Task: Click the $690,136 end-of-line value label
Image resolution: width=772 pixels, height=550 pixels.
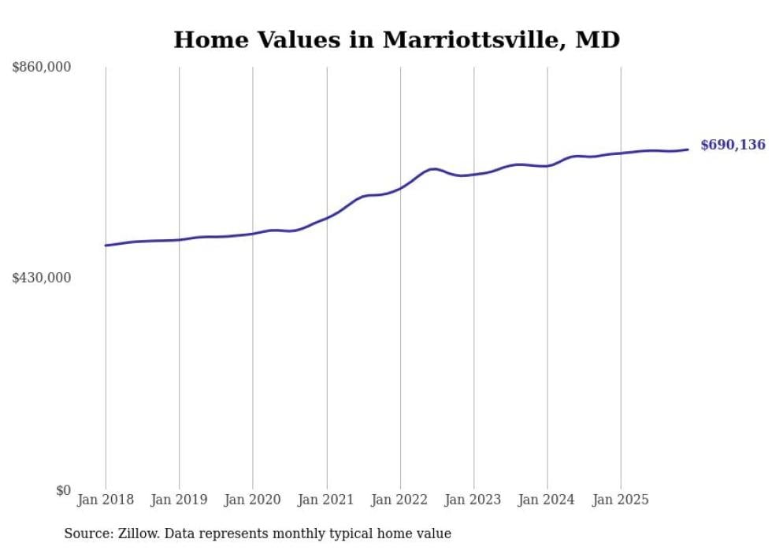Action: click(733, 145)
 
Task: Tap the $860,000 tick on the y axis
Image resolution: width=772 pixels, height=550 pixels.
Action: click(42, 68)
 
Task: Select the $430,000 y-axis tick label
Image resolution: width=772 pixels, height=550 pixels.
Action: click(42, 278)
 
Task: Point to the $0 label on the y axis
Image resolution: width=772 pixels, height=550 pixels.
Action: click(63, 490)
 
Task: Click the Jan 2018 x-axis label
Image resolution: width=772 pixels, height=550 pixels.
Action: click(106, 500)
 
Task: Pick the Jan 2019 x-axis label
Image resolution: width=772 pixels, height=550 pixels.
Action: click(179, 500)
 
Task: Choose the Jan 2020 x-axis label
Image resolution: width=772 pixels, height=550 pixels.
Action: click(253, 500)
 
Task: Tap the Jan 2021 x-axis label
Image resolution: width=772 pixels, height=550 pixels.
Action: click(327, 500)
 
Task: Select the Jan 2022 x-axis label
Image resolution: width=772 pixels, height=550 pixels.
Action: click(400, 500)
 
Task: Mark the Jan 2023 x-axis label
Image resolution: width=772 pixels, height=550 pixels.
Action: click(474, 500)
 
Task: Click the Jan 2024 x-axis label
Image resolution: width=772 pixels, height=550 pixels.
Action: click(547, 500)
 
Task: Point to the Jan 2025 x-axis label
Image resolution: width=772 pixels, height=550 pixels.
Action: click(622, 500)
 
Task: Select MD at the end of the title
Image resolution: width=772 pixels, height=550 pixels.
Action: click(598, 40)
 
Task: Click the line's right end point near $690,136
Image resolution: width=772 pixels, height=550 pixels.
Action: click(688, 149)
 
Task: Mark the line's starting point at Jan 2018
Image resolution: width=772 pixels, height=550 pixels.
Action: click(106, 245)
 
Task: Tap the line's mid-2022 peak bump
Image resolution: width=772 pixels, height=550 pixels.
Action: click(432, 168)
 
